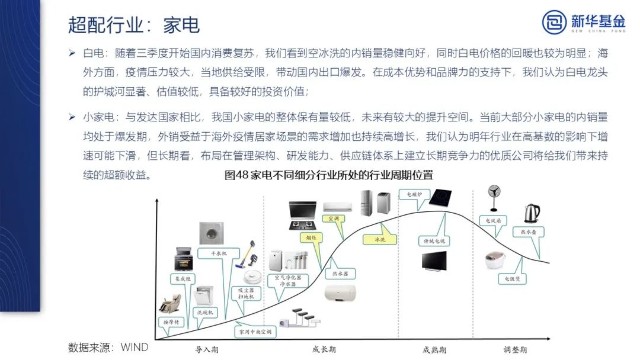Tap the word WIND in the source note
[135, 348]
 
